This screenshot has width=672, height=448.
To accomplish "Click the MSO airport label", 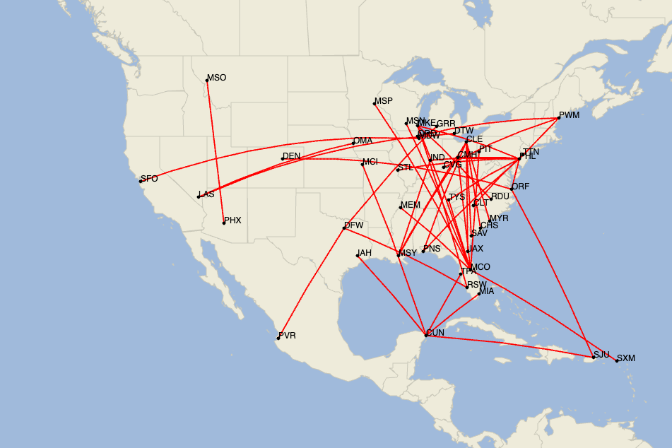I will click(217, 78).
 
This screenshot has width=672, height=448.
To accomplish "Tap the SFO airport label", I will click(149, 179).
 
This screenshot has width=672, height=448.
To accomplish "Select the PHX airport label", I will click(232, 220).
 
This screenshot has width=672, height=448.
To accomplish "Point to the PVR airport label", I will click(287, 336).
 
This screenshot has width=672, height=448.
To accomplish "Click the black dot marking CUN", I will click(425, 335).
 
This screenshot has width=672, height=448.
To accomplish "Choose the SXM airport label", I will click(626, 358).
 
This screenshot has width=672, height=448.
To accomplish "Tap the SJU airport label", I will click(601, 354).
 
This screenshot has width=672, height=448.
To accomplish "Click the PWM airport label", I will click(568, 114).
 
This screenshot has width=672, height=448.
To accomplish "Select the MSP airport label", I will click(384, 101).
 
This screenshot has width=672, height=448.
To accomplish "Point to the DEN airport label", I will click(291, 156).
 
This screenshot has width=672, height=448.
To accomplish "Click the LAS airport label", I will click(206, 194).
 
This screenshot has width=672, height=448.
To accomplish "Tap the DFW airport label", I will click(353, 225).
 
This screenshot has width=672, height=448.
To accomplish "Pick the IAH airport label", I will click(365, 252).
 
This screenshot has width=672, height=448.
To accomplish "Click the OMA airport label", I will click(362, 141).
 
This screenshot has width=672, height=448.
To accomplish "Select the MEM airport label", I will click(410, 205).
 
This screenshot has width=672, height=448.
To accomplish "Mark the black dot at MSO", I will click(207, 80).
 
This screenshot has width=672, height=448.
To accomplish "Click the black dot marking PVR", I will click(278, 338).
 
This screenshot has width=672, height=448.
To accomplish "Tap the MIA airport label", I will click(487, 291).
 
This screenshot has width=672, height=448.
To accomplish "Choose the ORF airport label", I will click(521, 187).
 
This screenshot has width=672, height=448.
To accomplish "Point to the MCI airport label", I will click(370, 162).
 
